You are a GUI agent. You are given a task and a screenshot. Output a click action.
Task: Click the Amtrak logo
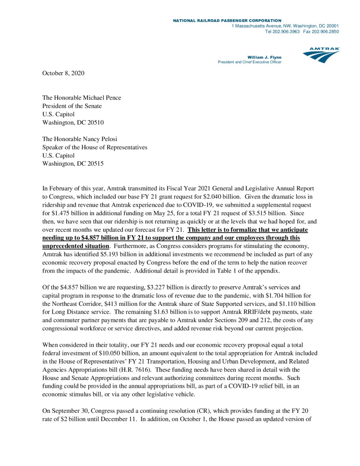(x=321, y=55)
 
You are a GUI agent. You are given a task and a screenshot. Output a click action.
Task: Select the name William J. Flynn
(x=264, y=57)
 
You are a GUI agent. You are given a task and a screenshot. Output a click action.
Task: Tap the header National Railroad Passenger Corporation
(x=227, y=20)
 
